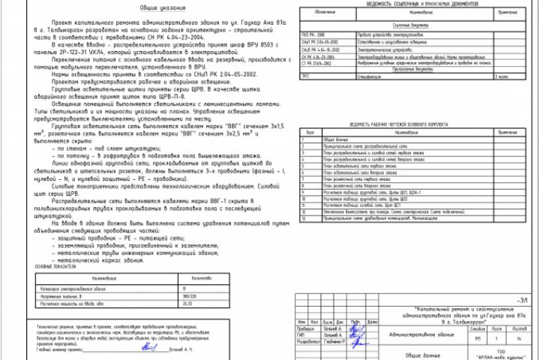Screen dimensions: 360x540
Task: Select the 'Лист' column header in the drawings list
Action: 310,131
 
